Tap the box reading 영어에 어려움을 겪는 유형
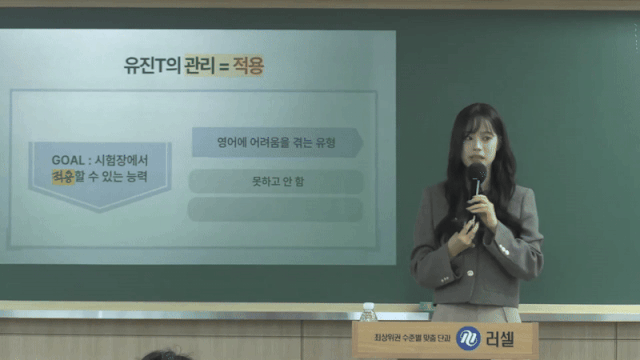(x=275, y=143)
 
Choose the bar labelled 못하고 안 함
(x=275, y=182)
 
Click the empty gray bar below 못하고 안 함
(x=275, y=210)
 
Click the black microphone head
(x=477, y=174)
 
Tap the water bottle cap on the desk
(x=369, y=307)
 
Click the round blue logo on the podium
(x=467, y=339)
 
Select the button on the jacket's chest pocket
(x=516, y=232)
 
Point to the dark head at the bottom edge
(x=166, y=355)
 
